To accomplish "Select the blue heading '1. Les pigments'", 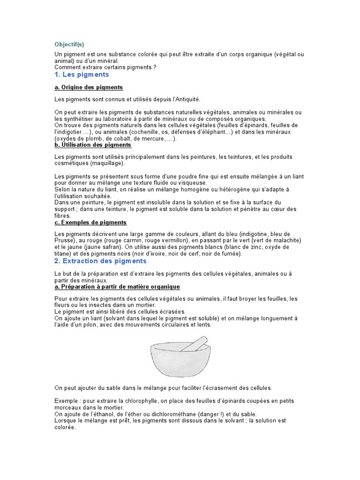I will (x=82, y=75).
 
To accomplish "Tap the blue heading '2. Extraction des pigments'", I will (x=100, y=261).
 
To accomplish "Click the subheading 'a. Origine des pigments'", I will (x=89, y=87).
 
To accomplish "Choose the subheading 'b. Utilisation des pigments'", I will (x=93, y=145).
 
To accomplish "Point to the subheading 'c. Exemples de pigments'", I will (x=90, y=222).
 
